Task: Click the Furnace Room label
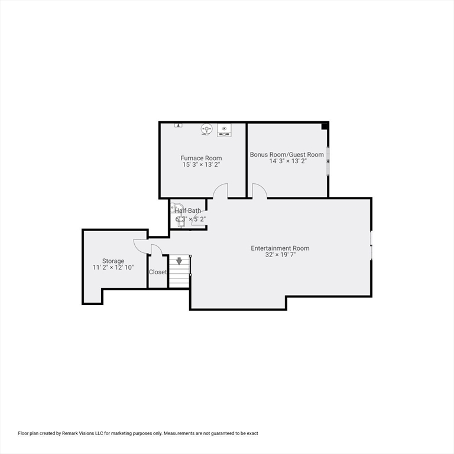click(201, 158)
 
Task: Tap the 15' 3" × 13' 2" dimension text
click(201, 165)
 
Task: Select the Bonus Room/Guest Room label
click(287, 154)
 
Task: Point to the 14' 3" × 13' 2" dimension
click(287, 161)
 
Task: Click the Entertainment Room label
click(280, 248)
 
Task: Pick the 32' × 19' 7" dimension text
click(280, 255)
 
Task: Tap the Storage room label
click(113, 261)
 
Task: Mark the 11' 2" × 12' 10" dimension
click(113, 268)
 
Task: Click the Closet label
click(158, 272)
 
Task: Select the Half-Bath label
click(187, 211)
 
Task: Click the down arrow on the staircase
click(179, 261)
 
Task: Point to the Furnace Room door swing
click(220, 191)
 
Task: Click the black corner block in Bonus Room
click(325, 125)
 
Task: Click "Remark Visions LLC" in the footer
click(83, 433)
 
